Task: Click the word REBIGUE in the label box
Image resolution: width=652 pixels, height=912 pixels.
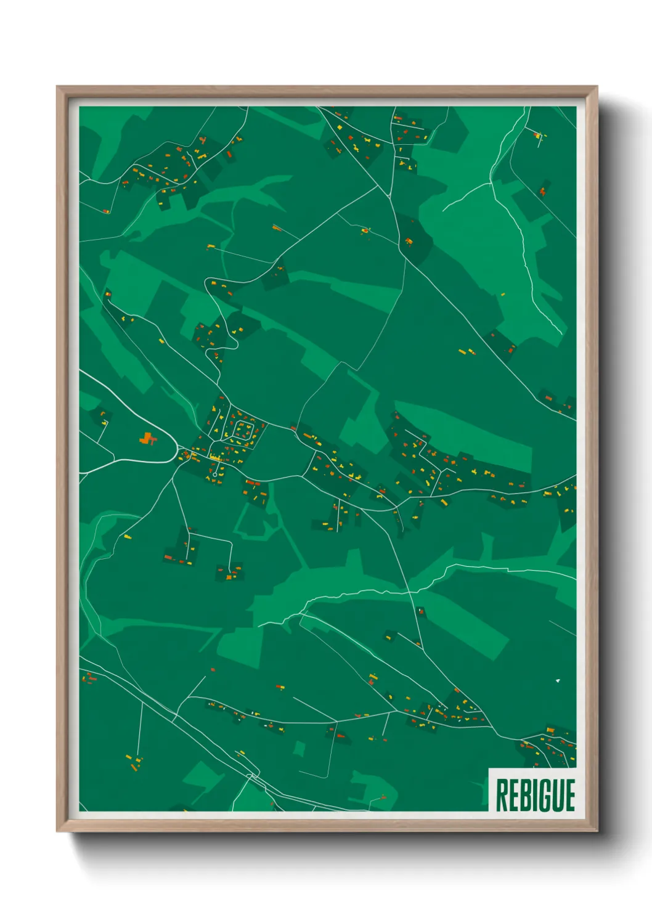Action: (x=535, y=795)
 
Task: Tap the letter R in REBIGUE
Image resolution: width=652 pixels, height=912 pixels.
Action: (x=501, y=795)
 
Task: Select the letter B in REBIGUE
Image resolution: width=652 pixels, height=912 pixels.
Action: (x=523, y=795)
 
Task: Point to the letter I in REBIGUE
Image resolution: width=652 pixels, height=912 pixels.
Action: (x=533, y=795)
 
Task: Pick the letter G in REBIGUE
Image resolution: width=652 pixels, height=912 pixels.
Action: (x=543, y=795)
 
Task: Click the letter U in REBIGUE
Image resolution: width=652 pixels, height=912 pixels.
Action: (x=556, y=795)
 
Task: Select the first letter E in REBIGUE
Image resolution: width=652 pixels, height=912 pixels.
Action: (x=512, y=795)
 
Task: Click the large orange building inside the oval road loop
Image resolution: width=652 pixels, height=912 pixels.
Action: (x=147, y=439)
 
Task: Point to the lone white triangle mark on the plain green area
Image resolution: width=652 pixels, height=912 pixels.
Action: (x=558, y=680)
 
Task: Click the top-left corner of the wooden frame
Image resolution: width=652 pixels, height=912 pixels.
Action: (x=58, y=88)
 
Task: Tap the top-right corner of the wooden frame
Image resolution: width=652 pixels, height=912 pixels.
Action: (x=597, y=88)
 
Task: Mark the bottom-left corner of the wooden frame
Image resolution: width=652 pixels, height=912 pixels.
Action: (x=58, y=831)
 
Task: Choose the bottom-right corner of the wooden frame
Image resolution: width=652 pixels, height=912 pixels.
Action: (x=597, y=831)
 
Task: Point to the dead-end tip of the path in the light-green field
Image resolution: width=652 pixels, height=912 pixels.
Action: (x=443, y=210)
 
